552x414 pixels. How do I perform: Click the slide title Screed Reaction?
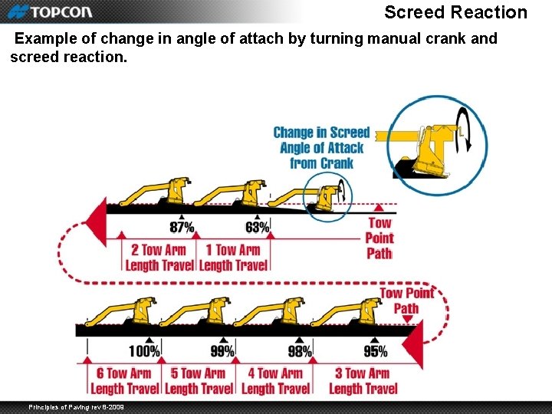pos(455,12)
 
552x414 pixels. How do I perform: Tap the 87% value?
pos(182,228)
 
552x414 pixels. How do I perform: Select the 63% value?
pos(257,228)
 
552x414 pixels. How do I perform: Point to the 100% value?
pos(144,352)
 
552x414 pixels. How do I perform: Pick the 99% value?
pos(222,352)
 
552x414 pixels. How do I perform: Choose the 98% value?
pos(300,352)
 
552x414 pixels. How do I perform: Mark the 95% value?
pos(375,352)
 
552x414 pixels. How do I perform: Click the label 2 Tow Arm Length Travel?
pos(159,258)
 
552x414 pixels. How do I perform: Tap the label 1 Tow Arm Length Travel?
pos(233,258)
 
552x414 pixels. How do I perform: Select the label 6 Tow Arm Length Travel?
pos(124,381)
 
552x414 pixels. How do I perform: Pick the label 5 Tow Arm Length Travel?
pos(199,381)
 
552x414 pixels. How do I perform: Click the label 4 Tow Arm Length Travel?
pos(275,381)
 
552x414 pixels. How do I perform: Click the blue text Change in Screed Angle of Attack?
pos(322,148)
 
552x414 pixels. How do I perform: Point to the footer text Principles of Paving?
pos(76,406)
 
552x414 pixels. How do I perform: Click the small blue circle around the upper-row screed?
pos(327,197)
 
